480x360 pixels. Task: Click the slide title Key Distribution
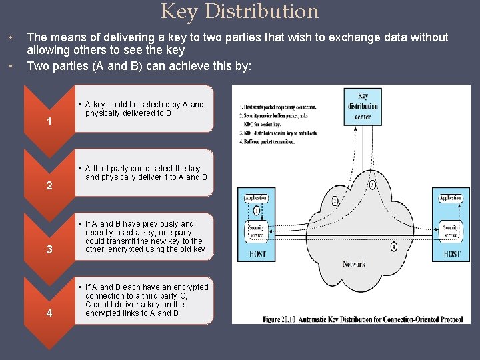click(240, 12)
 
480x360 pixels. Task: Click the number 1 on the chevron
click(49, 122)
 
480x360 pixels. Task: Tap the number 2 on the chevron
click(49, 186)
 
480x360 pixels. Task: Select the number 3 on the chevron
click(49, 250)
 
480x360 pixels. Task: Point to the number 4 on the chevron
click(49, 314)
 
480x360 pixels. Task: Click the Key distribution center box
click(363, 106)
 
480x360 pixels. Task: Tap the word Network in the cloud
click(353, 264)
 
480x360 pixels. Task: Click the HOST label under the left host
click(257, 254)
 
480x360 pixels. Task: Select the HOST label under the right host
click(451, 254)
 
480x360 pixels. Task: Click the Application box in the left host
click(256, 198)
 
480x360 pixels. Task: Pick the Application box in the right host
click(450, 198)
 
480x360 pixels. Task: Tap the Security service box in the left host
click(256, 231)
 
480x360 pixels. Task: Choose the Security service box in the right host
click(450, 231)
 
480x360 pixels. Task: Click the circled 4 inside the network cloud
click(394, 247)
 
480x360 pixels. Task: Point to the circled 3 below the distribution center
click(372, 185)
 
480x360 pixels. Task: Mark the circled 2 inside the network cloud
click(334, 200)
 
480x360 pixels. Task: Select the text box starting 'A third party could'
click(144, 173)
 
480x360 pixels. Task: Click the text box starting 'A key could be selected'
click(144, 109)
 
